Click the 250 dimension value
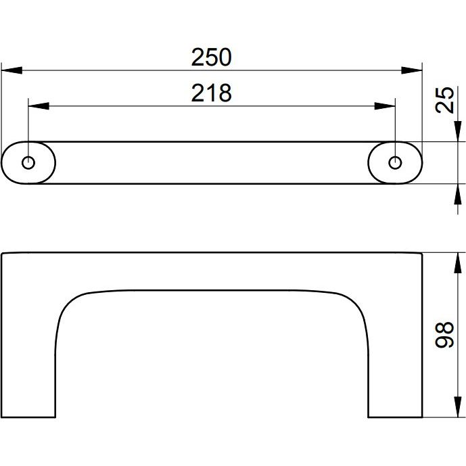click(211, 57)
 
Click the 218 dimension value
click(211, 93)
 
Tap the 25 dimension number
click(444, 100)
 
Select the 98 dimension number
click(444, 334)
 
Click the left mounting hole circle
click(28, 162)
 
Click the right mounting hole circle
click(395, 162)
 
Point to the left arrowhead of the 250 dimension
click(12, 70)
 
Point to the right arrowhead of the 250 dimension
click(412, 70)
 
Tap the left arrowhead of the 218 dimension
click(39, 106)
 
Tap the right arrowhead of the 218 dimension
click(385, 106)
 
